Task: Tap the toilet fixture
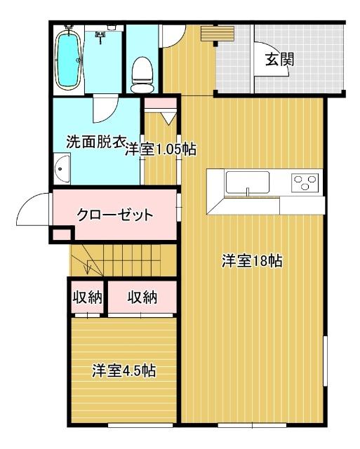coord(142,74)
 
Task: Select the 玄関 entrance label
coord(279,59)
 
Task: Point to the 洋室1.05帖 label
coord(161,149)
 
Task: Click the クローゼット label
coord(114,215)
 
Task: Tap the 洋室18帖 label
coord(253,262)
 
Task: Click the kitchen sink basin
coord(248,184)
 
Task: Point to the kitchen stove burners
coord(305,183)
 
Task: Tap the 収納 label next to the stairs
coord(87,297)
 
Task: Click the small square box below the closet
coord(61,236)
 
